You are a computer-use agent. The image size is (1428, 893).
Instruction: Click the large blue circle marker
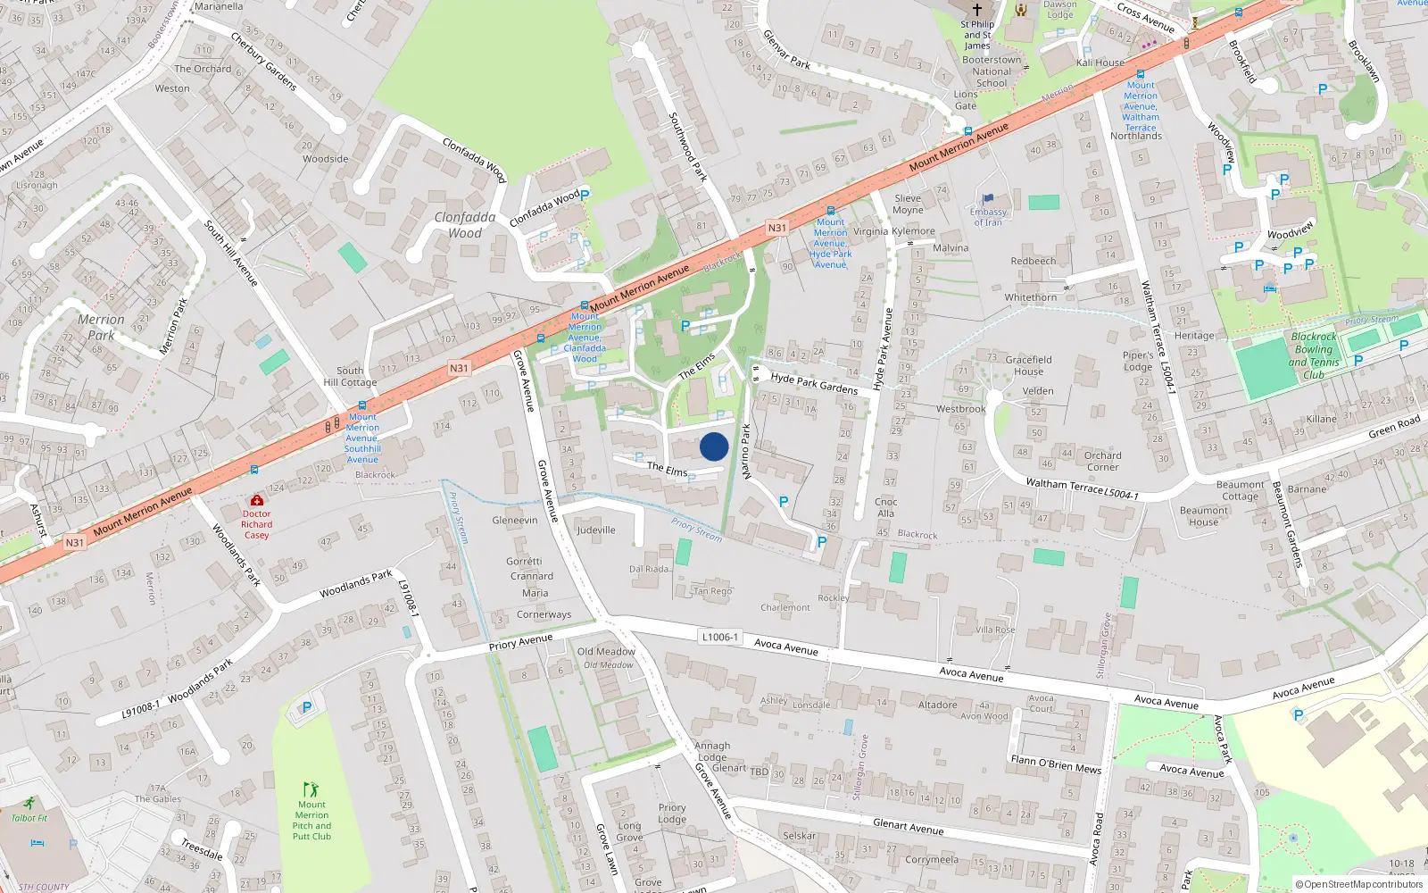pos(714,446)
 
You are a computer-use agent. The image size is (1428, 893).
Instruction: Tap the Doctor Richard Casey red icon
pos(257,500)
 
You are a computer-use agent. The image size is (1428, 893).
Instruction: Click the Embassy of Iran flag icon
pos(987,200)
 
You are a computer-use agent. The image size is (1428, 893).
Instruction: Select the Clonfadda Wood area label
pos(465,225)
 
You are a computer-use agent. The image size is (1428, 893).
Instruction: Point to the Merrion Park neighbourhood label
pos(101,328)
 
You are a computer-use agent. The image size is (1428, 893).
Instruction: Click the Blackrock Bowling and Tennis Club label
pos(1314,355)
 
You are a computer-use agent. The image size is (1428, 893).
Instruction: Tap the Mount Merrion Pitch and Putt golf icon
pos(311,789)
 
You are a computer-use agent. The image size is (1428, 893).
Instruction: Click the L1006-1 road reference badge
pos(719,637)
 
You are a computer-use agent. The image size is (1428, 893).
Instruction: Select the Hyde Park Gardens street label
pos(814,383)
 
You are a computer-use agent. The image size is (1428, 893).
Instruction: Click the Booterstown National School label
pos(992,71)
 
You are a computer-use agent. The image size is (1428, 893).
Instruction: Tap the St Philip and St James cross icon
pos(977,9)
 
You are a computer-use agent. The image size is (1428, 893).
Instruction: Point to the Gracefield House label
pos(1028,365)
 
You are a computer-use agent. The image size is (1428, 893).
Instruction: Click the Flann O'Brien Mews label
pos(1056,764)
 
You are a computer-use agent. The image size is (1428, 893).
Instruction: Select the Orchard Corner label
pos(1102,461)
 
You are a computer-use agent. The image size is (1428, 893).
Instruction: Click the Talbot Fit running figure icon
pos(29,803)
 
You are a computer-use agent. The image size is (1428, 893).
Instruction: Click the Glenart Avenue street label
pos(908,826)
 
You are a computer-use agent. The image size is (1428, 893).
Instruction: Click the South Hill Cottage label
pos(350,376)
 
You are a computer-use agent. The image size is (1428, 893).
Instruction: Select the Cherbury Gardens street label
pos(263,61)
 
